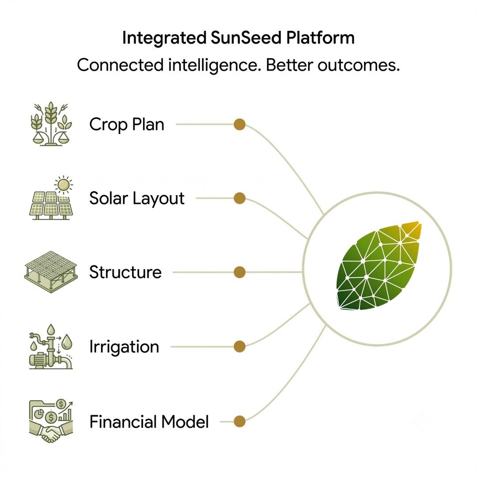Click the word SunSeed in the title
[x=246, y=38]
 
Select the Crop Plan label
[x=127, y=125]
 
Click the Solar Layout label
[x=136, y=199]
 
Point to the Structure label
[x=125, y=272]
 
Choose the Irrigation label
[x=124, y=347]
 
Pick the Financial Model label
[x=149, y=422]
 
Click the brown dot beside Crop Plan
[x=240, y=125]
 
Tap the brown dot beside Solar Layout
[x=240, y=198]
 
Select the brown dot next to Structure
[x=240, y=272]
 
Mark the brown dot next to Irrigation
[x=240, y=347]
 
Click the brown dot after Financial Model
[x=240, y=422]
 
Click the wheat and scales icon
[x=51, y=124]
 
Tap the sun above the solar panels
[x=64, y=185]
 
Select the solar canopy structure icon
[x=51, y=272]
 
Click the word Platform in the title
[x=321, y=38]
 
